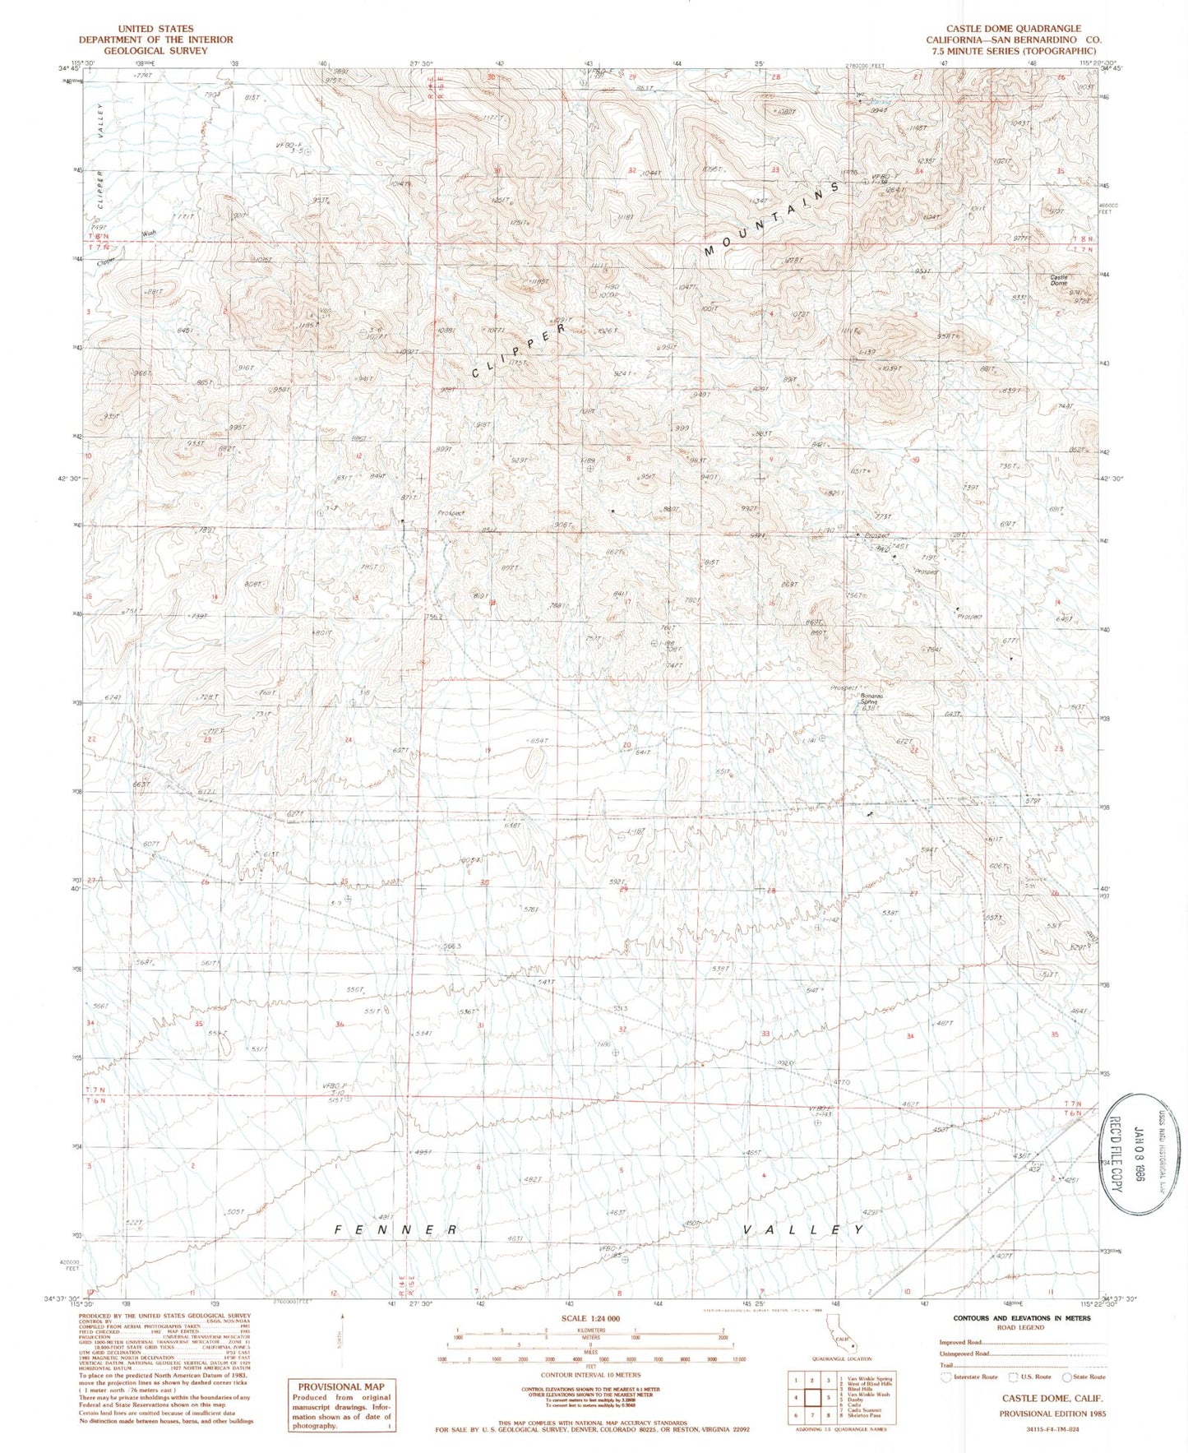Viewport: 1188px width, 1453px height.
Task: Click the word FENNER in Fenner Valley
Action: pos(395,1229)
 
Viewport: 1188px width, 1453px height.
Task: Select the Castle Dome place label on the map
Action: pos(1059,280)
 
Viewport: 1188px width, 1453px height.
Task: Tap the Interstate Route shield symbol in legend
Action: pos(946,1377)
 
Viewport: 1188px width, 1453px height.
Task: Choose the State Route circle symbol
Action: pos(1067,1377)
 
